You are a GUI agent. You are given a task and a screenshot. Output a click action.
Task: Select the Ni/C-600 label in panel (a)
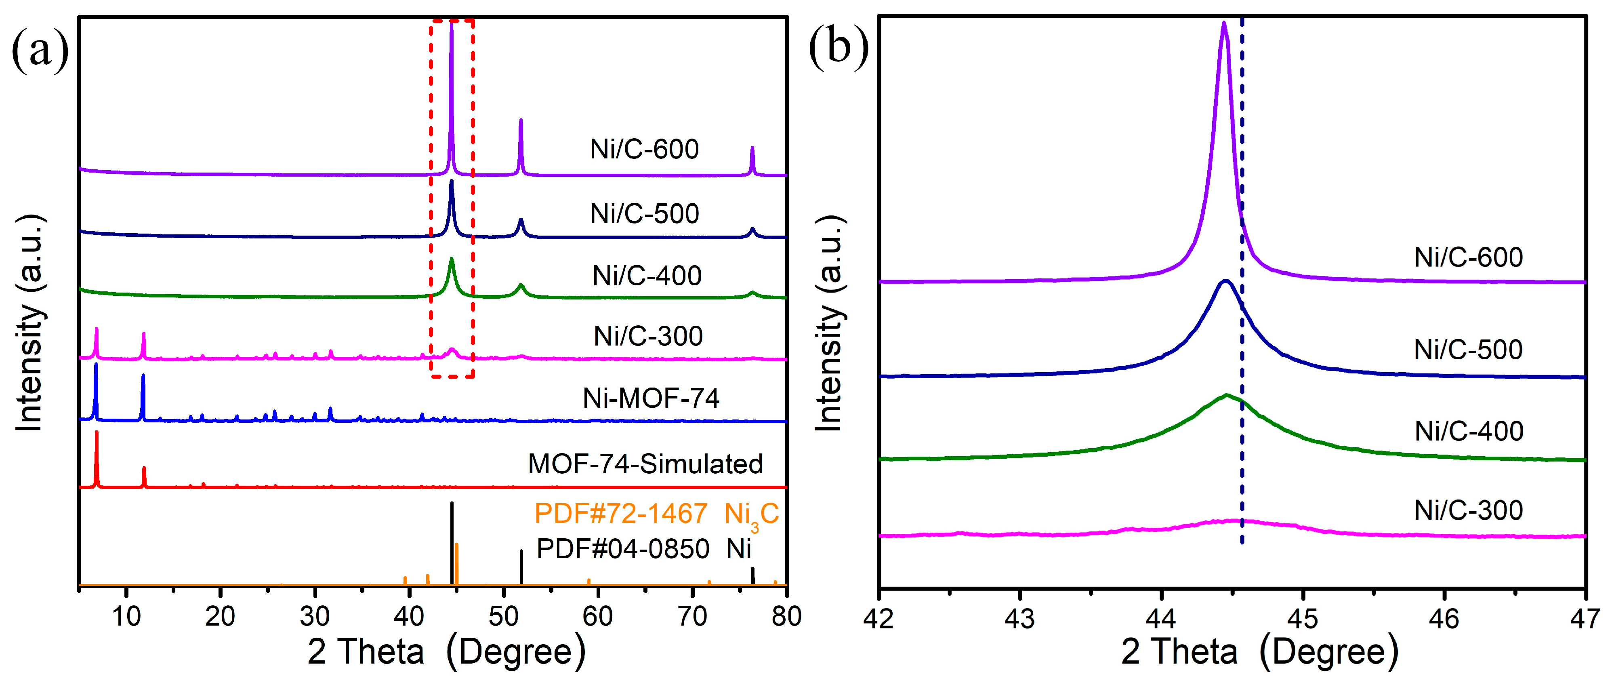click(644, 149)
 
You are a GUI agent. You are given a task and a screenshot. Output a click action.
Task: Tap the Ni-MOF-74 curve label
click(650, 398)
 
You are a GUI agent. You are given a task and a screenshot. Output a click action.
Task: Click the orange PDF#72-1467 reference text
click(620, 514)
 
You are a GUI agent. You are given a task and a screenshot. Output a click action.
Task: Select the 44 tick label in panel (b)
click(1161, 619)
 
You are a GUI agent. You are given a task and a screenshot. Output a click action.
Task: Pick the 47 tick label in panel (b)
click(1584, 619)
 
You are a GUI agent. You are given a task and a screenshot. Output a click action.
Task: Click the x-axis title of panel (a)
click(446, 652)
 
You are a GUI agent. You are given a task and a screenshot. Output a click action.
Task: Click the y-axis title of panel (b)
click(830, 323)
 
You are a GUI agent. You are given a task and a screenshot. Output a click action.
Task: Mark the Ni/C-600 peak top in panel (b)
click(1224, 24)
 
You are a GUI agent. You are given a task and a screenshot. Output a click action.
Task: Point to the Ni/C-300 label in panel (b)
click(1468, 510)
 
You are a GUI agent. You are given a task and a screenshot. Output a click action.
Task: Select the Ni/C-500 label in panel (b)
click(1468, 350)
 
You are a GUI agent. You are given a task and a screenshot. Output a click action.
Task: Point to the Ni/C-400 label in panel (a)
click(647, 276)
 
